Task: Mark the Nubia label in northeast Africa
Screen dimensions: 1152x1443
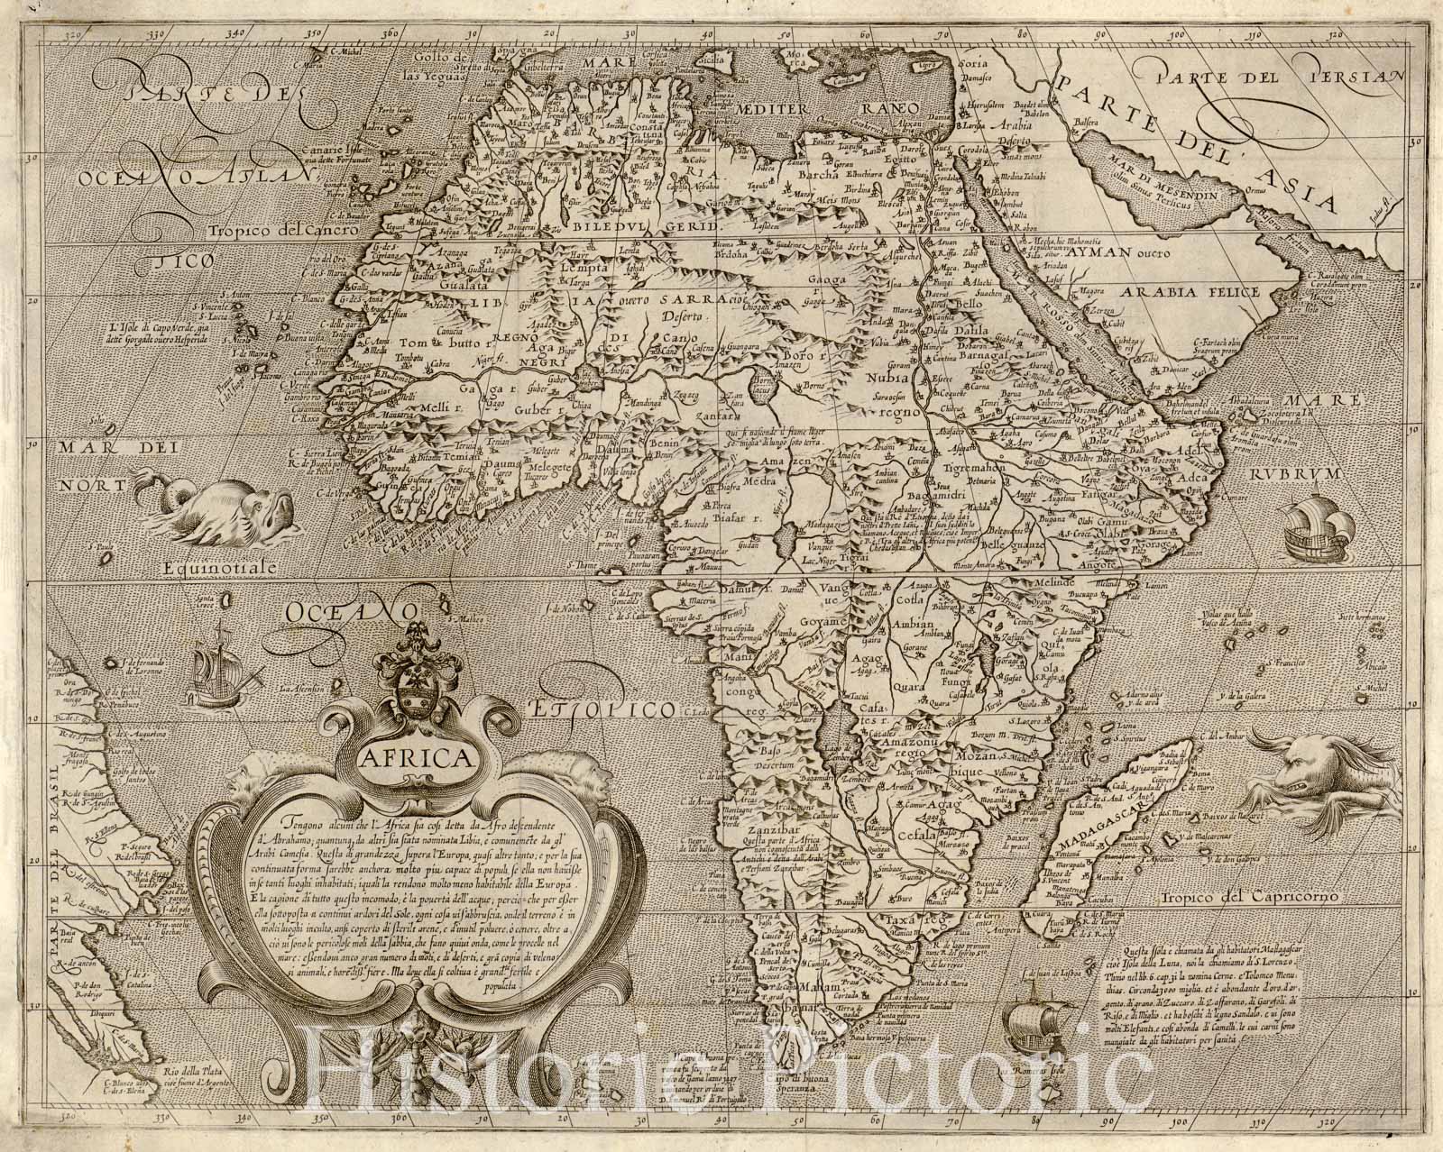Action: [888, 379]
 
